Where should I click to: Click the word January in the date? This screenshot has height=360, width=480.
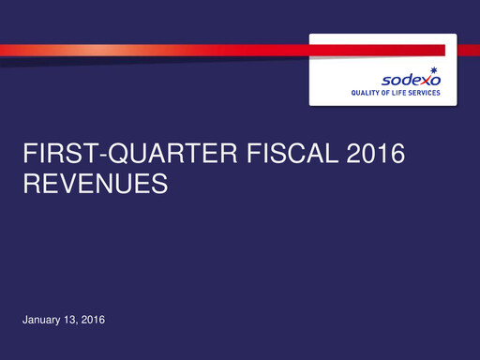click(41, 322)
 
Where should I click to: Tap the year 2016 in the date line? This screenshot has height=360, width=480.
click(93, 322)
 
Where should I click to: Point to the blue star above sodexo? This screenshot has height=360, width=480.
click(433, 70)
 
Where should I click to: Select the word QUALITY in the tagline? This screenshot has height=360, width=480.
click(365, 94)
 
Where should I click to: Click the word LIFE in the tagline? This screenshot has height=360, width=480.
click(402, 94)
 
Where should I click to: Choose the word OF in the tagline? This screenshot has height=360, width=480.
click(387, 94)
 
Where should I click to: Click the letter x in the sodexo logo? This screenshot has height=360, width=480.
click(423, 81)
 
